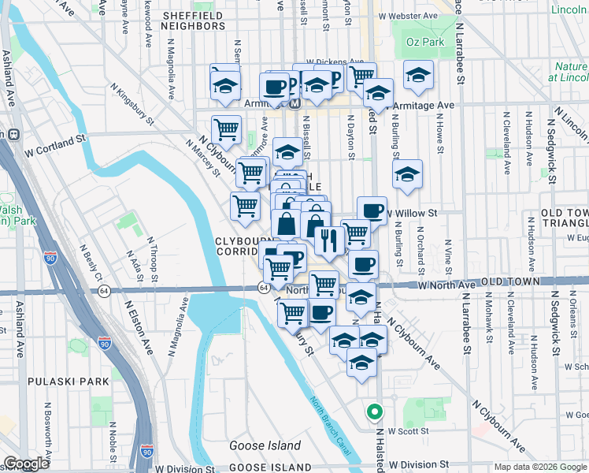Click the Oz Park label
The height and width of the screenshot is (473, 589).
(x=426, y=42)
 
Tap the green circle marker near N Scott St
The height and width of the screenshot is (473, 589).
(x=374, y=412)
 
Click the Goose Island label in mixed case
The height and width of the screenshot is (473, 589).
(x=265, y=446)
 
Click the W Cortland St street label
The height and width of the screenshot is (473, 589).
(x=54, y=140)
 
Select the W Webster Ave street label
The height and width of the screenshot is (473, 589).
(x=407, y=16)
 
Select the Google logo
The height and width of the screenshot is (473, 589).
(x=25, y=464)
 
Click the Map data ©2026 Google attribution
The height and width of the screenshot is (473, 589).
(x=539, y=467)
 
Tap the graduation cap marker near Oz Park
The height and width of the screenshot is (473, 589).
(x=418, y=75)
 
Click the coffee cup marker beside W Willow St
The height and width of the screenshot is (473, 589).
(x=372, y=210)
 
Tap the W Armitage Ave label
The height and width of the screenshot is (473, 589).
(x=424, y=105)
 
